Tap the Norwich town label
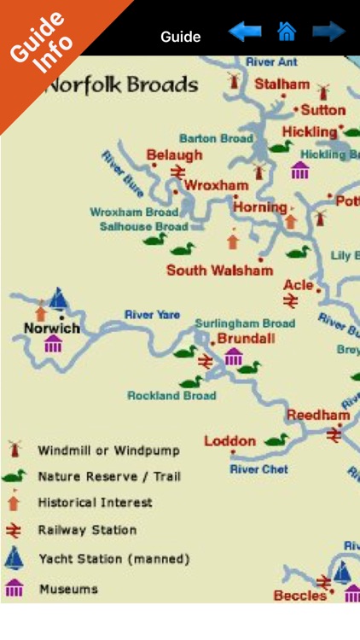pyautogui.click(x=52, y=329)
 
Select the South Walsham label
pyautogui.click(x=219, y=271)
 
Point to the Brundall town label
pyautogui.click(x=246, y=339)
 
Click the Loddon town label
pyautogui.click(x=229, y=441)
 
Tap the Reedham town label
pyautogui.click(x=317, y=415)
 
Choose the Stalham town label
pyautogui.click(x=282, y=84)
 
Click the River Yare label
pyautogui.click(x=152, y=315)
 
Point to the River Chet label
pyautogui.click(x=258, y=469)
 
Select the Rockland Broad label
pyautogui.click(x=171, y=396)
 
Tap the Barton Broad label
pyautogui.click(x=216, y=137)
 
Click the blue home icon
pyautogui.click(x=287, y=32)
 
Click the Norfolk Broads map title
pyautogui.click(x=120, y=85)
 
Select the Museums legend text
pyautogui.click(x=68, y=589)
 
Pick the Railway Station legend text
pyautogui.click(x=87, y=530)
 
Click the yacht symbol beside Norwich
pyautogui.click(x=58, y=299)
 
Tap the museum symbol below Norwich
pyautogui.click(x=53, y=344)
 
